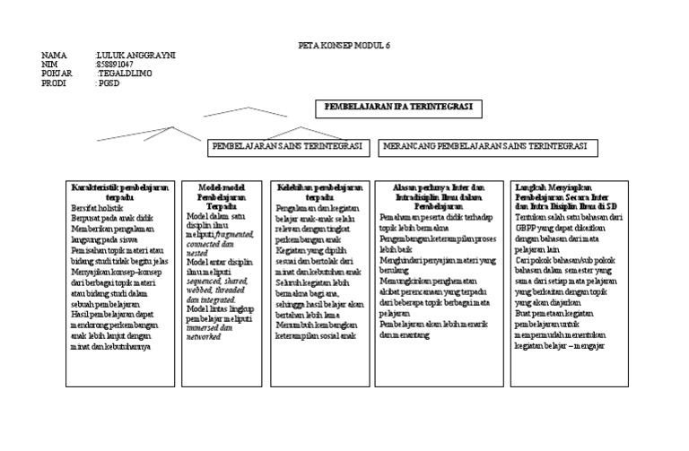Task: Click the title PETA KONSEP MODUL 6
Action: [x=344, y=45]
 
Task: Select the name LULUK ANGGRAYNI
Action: [x=135, y=56]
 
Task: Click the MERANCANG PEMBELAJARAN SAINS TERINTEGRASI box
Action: [x=484, y=146]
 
